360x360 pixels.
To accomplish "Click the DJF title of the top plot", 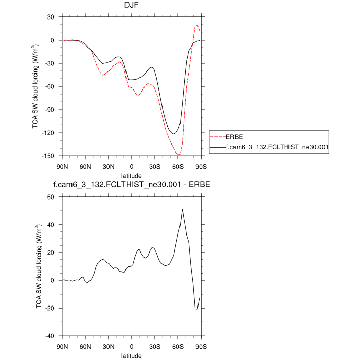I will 131,7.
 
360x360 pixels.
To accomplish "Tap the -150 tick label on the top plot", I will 50,156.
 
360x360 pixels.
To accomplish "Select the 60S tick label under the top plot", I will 177,166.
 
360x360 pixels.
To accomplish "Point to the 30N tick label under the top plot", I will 108,166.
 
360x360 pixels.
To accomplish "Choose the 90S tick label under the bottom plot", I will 201,346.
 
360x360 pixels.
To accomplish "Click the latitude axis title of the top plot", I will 131,175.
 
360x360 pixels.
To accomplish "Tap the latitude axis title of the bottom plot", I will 131,355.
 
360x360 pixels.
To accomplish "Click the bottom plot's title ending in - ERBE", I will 131,185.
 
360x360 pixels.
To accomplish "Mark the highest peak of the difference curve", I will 182,209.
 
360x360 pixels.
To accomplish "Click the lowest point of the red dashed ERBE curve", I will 178,155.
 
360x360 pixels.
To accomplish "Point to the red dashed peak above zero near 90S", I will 197,25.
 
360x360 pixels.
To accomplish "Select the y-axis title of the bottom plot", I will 38,266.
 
